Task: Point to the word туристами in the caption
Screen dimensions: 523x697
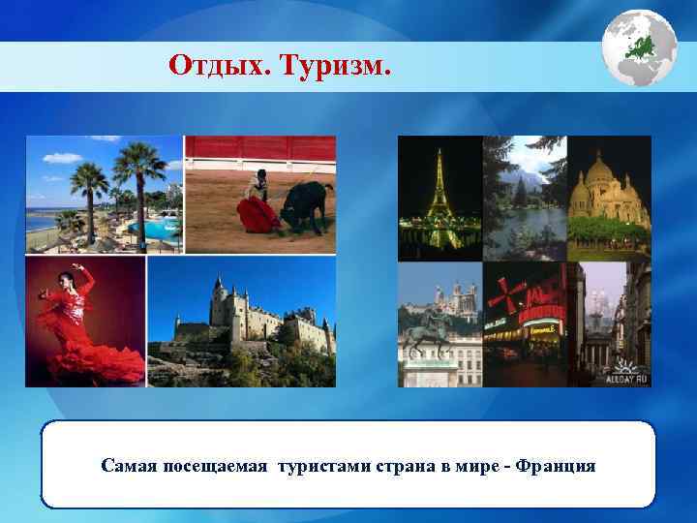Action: pos(322,467)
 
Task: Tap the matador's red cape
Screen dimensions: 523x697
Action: pos(256,216)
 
